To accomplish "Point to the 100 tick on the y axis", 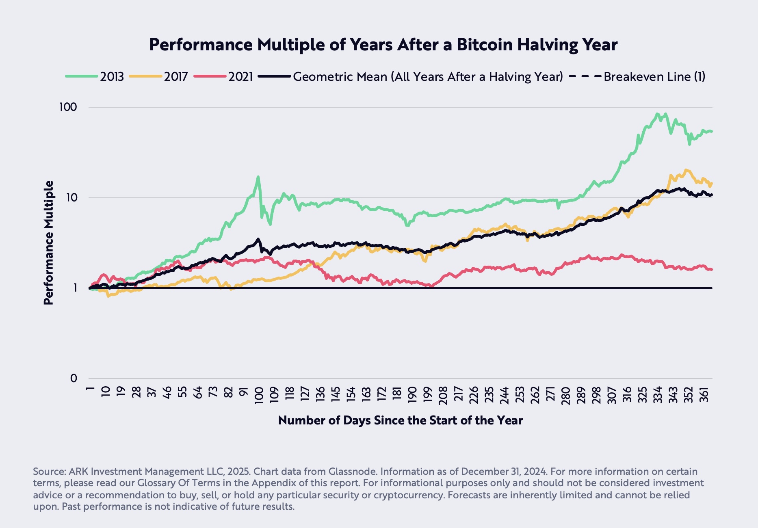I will click(x=68, y=107).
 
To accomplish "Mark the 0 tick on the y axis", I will click(x=73, y=379).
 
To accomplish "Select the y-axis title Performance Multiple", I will click(x=49, y=242).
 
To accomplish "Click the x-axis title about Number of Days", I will click(x=400, y=420).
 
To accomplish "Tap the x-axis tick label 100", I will click(x=259, y=394).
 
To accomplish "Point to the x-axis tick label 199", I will click(x=427, y=394).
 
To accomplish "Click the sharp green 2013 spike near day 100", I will click(x=258, y=177).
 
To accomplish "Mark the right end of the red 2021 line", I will click(x=711, y=269).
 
